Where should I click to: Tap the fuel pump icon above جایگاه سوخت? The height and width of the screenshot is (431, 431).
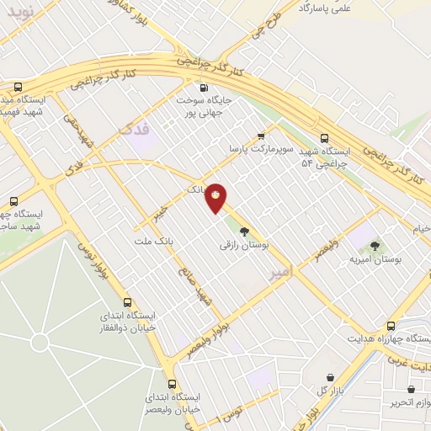point(203,87)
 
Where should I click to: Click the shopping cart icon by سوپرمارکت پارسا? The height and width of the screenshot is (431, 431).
point(261,133)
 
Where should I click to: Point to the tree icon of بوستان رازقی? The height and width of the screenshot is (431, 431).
point(244,230)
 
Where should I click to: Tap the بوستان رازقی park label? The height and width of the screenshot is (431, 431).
point(243,245)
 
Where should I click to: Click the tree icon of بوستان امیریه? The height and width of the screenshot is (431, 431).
point(375,244)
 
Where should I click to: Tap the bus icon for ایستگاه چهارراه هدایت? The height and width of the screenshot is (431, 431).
point(391,326)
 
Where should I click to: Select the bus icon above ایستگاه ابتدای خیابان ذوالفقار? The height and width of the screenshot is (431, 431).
point(128,302)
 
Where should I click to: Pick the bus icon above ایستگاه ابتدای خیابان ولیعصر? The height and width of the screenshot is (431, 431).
point(172,383)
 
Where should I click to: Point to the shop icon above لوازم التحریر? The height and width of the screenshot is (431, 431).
point(411,390)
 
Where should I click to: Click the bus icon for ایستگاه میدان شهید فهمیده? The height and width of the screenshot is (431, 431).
point(18,87)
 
